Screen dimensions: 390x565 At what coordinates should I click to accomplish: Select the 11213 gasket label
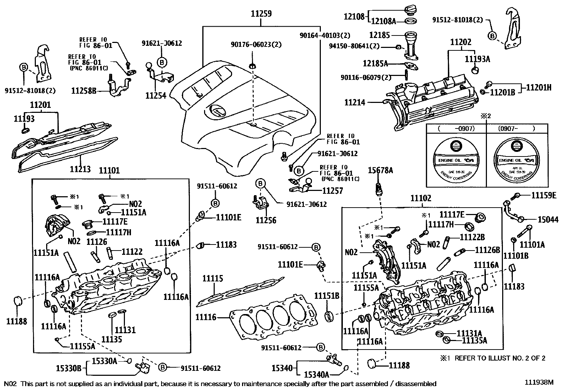click(x=80, y=169)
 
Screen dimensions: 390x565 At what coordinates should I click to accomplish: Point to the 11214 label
click(x=355, y=103)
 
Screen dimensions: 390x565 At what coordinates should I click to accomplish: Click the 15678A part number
click(x=380, y=170)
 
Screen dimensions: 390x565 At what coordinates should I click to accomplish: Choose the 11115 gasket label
click(x=213, y=279)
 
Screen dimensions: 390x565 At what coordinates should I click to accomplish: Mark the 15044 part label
click(x=548, y=220)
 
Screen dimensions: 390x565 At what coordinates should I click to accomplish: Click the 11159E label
click(x=544, y=195)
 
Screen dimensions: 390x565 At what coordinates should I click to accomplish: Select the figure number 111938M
click(x=539, y=382)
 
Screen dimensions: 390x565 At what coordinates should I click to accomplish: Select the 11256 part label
click(x=266, y=220)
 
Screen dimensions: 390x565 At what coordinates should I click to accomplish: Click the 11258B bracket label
click(x=84, y=91)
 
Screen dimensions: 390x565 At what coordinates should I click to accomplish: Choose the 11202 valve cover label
click(x=461, y=42)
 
